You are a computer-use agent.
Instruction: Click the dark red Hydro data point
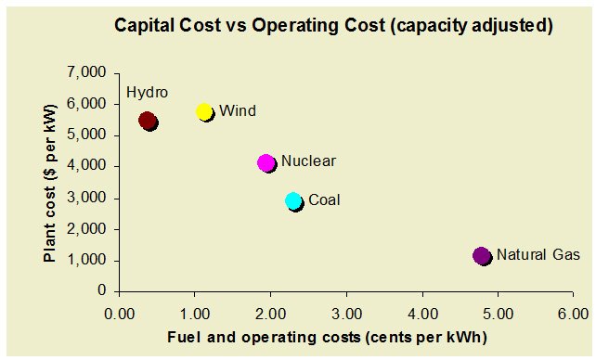click(x=148, y=121)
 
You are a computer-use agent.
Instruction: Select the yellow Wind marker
click(x=205, y=111)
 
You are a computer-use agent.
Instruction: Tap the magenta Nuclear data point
click(x=266, y=162)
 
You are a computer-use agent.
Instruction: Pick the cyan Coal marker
click(x=294, y=201)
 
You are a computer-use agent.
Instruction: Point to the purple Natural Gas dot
click(x=482, y=255)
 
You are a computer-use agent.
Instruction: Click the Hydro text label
click(x=147, y=93)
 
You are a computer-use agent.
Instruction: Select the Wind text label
click(x=238, y=111)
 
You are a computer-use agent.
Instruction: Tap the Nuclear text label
click(x=308, y=161)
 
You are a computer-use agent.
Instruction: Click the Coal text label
click(x=324, y=199)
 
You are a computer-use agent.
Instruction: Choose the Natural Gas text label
click(x=536, y=254)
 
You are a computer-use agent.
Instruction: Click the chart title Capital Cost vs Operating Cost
click(x=333, y=26)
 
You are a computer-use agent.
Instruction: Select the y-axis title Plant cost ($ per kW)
click(x=51, y=181)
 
